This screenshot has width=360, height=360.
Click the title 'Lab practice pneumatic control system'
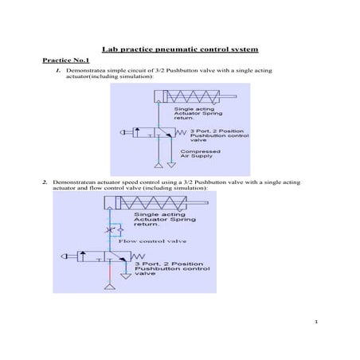tap(179, 49)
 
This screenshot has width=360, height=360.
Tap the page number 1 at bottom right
tap(316, 322)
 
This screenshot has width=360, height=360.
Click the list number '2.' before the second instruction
tap(45, 182)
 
